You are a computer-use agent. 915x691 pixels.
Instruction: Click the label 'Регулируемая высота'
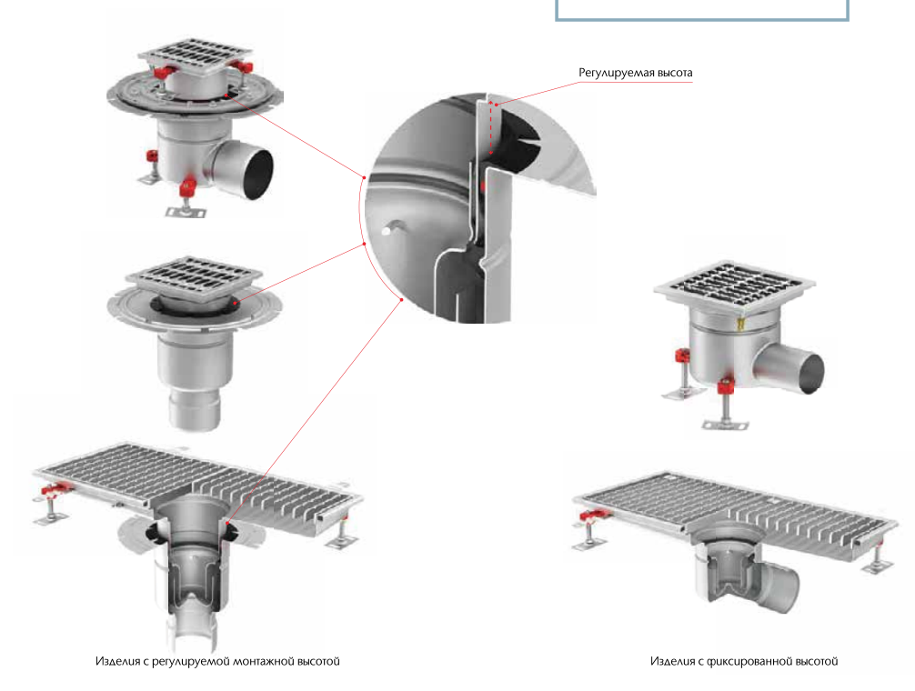635,73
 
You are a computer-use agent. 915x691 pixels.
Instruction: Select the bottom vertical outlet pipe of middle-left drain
195,410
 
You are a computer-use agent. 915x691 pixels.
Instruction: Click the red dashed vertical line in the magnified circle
491,127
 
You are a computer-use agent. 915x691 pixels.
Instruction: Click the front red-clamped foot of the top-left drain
186,198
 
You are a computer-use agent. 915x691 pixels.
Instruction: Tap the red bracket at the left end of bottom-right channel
594,515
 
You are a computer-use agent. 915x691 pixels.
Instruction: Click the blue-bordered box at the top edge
701,11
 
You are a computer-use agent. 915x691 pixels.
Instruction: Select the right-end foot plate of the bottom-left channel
342,542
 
